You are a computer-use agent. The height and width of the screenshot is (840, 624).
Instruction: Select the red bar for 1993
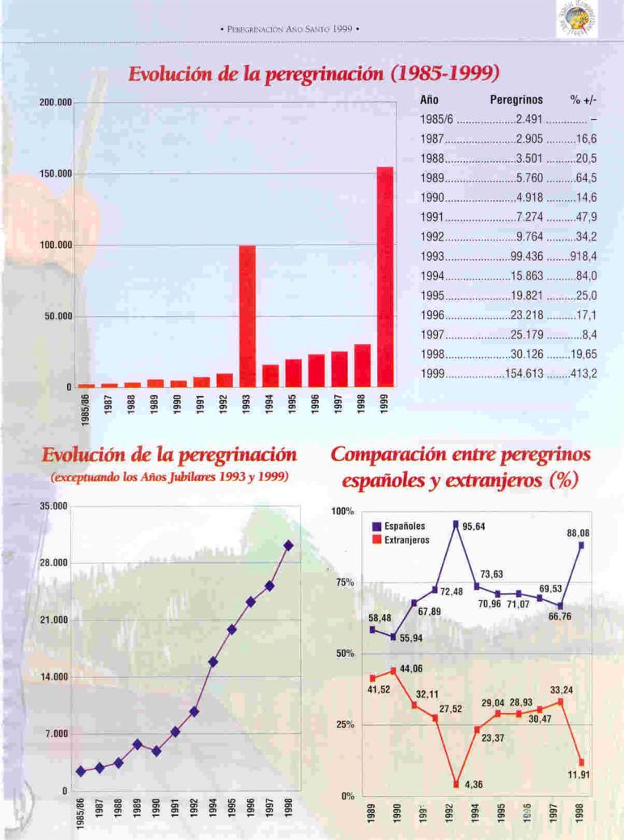[247, 315]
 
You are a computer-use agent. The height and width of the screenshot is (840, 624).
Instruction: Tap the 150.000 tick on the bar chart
[57, 174]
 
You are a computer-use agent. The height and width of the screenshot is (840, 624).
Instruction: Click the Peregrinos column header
[516, 100]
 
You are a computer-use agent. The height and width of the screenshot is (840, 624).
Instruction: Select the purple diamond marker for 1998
[289, 546]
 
